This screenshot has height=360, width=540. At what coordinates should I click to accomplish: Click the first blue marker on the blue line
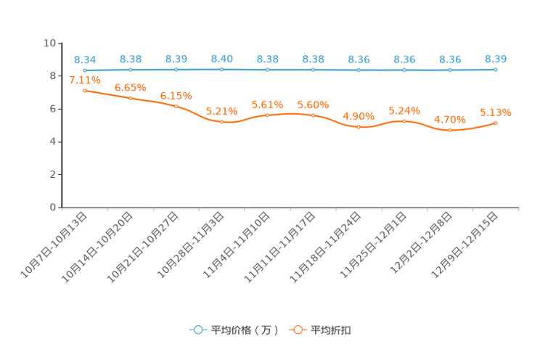point(85,70)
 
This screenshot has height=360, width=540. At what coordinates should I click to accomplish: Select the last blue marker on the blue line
point(496,70)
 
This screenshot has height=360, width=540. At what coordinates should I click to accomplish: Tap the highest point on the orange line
point(85,91)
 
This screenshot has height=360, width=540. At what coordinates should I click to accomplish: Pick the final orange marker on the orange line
point(496,123)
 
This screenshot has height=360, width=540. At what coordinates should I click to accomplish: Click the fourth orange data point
point(221,122)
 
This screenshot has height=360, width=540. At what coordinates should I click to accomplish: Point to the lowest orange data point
point(450,131)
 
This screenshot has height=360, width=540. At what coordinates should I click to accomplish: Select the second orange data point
point(131,98)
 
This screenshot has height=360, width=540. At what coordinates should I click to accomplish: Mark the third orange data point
point(176,107)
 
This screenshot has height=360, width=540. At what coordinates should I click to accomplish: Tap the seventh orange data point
point(359,127)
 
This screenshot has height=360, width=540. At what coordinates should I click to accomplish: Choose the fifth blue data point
point(268,70)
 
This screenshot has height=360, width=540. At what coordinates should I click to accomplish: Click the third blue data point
point(176,70)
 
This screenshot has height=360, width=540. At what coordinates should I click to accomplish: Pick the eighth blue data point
point(404,70)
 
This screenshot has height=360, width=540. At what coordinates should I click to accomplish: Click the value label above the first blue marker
point(85,59)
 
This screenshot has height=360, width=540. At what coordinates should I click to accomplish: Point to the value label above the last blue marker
point(496,58)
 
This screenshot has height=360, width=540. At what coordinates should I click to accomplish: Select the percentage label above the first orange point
point(85,80)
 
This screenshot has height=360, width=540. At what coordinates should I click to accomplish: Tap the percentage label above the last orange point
point(496,112)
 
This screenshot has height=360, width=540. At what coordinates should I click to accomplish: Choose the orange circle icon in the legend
point(296,330)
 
